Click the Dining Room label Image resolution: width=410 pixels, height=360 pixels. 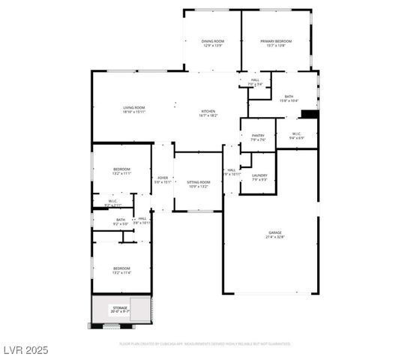[212, 41]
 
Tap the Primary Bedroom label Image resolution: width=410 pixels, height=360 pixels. [275, 41]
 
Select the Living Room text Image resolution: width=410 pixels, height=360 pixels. [134, 108]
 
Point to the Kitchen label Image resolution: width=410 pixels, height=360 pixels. [208, 111]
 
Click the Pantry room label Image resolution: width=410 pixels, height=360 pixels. [258, 136]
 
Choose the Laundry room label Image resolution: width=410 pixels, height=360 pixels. [259, 175]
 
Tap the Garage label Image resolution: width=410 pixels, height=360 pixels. [275, 233]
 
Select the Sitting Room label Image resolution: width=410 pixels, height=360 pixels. [199, 182]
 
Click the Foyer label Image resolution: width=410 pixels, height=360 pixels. [163, 178]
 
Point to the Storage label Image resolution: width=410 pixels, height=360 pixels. [120, 307]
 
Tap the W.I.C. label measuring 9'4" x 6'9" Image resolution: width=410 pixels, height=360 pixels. [297, 136]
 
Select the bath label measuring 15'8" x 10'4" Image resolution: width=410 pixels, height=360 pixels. [289, 97]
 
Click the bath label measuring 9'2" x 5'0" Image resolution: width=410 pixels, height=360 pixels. [120, 221]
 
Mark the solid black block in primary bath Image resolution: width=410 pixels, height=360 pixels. [308, 114]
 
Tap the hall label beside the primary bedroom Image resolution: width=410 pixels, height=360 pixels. [255, 81]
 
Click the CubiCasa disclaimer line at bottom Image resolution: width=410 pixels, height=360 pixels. [205, 344]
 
